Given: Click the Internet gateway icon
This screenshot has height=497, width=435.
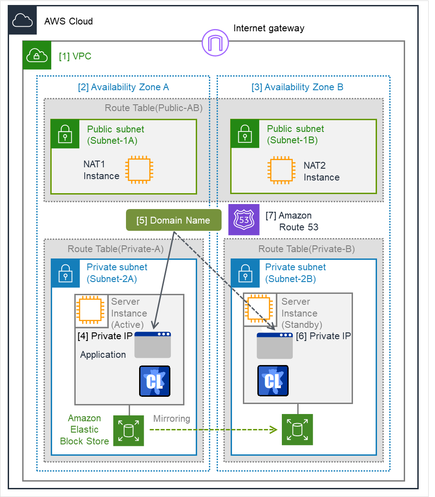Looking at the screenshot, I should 215,43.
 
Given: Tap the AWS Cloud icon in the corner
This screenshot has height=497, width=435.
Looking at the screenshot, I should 23,20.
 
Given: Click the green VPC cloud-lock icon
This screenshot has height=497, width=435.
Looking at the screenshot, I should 37,55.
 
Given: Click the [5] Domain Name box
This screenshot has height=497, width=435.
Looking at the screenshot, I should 173,221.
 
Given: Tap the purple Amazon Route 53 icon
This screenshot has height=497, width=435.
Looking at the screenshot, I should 244,220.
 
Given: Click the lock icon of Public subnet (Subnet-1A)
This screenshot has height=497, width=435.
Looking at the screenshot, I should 65,134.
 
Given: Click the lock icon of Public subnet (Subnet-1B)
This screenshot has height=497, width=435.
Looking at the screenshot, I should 245,134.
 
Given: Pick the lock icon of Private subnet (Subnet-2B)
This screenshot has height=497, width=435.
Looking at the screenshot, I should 245,273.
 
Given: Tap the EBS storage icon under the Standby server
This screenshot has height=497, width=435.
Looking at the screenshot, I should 297,429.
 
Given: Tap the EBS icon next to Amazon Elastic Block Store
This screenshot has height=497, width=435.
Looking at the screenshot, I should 128,430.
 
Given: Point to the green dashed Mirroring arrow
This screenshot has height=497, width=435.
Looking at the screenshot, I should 213,429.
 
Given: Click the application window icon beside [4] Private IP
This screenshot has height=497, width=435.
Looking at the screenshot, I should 153,345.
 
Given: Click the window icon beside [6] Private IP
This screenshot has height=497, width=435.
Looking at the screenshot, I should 275,346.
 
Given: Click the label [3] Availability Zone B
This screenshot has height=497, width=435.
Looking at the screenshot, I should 297,87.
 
